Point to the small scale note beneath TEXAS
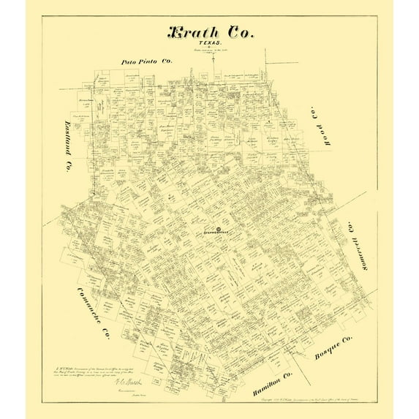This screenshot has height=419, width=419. point(213,52)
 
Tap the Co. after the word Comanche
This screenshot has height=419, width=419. point(105,333)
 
